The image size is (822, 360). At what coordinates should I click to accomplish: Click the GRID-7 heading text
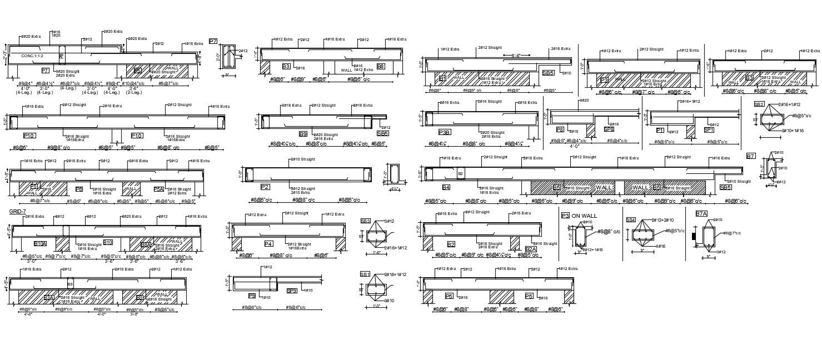17,212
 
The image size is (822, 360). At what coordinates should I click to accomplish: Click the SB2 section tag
759,104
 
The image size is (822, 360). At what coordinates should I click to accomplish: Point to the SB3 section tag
365,221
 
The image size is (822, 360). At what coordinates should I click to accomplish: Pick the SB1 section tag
365,274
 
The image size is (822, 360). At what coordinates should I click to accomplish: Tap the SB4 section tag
631,220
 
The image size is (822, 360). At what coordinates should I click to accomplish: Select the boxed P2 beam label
265,187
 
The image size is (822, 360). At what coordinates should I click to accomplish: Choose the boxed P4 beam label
268,243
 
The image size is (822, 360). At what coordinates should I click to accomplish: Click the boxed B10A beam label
41,243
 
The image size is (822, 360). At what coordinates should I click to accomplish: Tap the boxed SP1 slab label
709,130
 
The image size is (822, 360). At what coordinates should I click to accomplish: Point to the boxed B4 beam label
446,187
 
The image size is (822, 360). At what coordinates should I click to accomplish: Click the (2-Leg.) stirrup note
133,93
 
